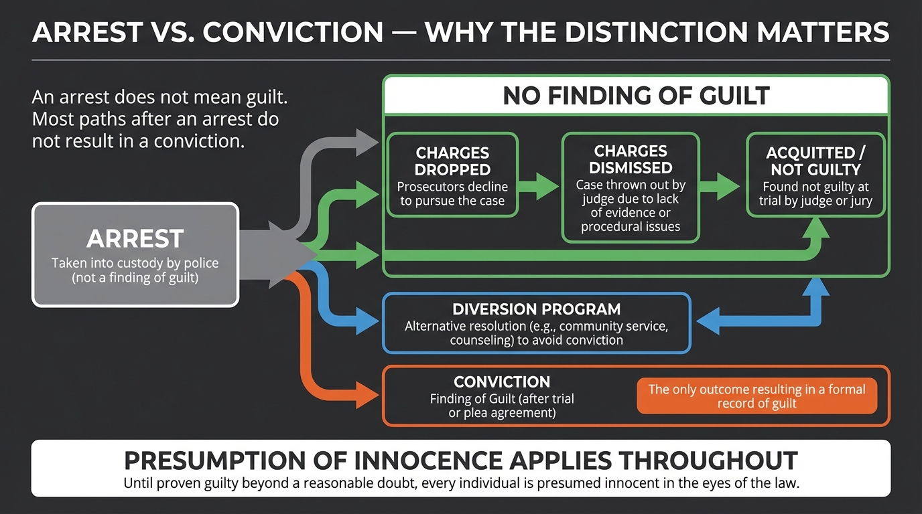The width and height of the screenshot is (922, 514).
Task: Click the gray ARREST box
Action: point(135,254)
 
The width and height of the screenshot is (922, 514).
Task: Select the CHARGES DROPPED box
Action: point(452,174)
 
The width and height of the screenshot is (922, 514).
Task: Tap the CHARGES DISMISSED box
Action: point(630,187)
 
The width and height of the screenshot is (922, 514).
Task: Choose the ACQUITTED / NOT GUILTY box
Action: point(815,174)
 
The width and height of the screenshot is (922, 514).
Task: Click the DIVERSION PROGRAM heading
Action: point(536,310)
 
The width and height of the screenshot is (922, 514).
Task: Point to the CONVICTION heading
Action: point(502,382)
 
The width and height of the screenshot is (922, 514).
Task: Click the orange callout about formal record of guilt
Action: point(756,396)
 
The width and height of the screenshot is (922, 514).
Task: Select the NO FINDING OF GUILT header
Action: point(636,96)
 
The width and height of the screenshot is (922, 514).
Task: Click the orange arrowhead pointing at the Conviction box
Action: point(367,396)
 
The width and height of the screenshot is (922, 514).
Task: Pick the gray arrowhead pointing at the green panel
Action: point(367,142)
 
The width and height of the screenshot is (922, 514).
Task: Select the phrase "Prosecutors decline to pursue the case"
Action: point(452,194)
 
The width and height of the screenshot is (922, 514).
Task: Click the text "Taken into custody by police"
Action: point(135,263)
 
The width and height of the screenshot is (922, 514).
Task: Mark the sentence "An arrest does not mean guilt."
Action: point(159,98)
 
